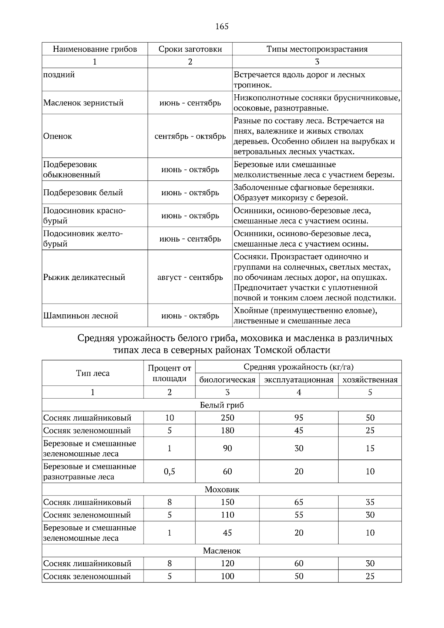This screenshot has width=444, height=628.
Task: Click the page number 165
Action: coord(222,26)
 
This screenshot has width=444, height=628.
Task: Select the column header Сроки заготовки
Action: coord(190,49)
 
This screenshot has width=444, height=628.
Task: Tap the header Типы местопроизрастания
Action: coord(317,49)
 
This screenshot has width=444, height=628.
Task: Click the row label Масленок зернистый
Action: coord(83,103)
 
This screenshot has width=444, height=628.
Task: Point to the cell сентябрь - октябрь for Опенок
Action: coord(190,136)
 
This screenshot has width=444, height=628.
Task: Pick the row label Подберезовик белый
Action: coord(83,193)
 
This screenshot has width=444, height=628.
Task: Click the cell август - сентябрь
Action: coord(190,277)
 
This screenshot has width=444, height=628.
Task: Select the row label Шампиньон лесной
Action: coord(81,316)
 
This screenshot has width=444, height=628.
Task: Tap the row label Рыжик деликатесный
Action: coord(84,277)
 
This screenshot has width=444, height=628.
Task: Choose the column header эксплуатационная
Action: coord(299,380)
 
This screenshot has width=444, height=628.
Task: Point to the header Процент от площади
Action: coord(169,373)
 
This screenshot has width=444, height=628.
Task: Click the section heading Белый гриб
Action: coord(222,405)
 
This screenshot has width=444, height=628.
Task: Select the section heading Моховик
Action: coord(222,490)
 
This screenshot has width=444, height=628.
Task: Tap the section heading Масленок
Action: coord(222,551)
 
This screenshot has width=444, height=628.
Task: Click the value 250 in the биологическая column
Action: coord(227,418)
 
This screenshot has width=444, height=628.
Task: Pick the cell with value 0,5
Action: coord(169,472)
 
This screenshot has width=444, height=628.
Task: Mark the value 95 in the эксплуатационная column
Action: coord(299,418)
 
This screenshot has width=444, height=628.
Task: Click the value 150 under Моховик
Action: coord(227,502)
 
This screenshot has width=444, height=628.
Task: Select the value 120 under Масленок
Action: coord(227,564)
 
